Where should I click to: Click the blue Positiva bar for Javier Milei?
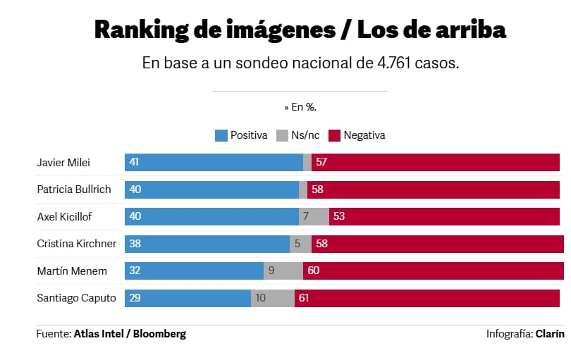click(214, 163)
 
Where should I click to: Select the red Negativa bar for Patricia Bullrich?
click(434, 190)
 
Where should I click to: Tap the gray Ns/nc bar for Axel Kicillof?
click(314, 216)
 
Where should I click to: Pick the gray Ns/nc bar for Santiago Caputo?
click(272, 298)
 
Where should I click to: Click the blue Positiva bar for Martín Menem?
click(194, 271)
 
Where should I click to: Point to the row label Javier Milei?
click(64, 163)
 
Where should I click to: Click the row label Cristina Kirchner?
click(76, 244)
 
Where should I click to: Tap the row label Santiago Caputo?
click(76, 298)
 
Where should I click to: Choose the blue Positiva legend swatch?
click(221, 135)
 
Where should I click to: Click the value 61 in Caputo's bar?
click(304, 298)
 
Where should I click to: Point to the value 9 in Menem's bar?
click(271, 271)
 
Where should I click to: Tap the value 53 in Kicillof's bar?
click(338, 216)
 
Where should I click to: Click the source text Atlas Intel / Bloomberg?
click(130, 334)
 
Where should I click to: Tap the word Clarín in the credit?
click(550, 334)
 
